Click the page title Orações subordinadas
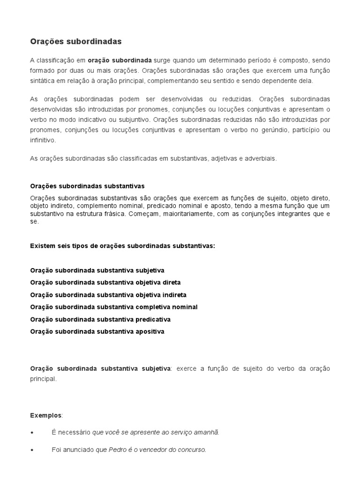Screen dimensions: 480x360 coord(76,42)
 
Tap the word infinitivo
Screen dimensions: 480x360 coord(43,140)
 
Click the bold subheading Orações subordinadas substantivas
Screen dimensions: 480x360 coord(87,186)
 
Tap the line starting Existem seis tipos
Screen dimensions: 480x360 coord(122,246)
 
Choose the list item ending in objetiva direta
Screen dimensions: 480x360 coord(105,283)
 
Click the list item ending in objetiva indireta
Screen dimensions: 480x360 coord(108,295)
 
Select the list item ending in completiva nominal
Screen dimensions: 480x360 coord(113,307)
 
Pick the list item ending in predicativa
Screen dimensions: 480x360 coord(100,319)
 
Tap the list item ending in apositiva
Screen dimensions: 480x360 coord(97,331)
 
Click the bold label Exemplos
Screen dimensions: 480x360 coord(45,415)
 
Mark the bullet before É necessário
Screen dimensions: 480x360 coord(32,433)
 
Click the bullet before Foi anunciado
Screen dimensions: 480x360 coord(32,450)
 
